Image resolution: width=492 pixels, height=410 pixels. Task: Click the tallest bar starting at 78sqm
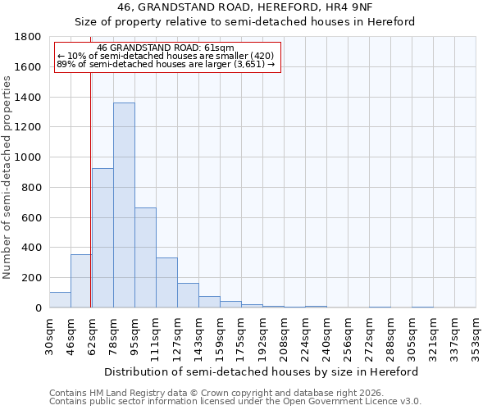pos(124,205)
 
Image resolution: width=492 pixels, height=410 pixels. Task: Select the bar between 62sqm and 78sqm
pos(102,238)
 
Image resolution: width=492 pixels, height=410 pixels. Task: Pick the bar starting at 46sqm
pos(81,281)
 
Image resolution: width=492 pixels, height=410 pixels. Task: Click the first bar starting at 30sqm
pos(60,300)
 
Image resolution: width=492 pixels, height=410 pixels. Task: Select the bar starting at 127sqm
pos(188,295)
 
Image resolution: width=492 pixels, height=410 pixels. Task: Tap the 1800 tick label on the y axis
pos(29,37)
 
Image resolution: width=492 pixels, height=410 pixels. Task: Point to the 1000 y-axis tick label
pos(29,157)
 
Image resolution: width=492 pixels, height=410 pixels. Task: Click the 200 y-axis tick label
pos(33,278)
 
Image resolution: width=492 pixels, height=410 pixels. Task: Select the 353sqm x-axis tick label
pos(476,335)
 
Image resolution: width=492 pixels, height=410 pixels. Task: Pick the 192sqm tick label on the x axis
pos(262,335)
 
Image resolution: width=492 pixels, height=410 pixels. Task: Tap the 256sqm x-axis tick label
pos(348,335)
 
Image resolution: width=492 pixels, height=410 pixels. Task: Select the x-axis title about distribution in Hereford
pos(262,371)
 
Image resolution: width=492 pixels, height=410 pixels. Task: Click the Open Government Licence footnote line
pos(235,402)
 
